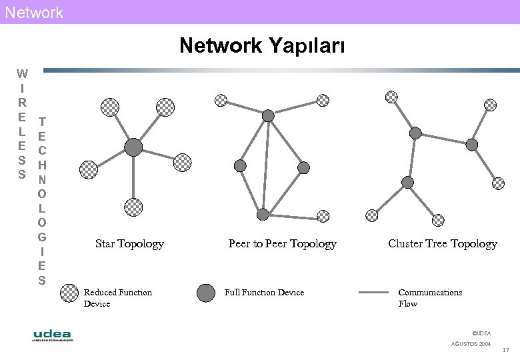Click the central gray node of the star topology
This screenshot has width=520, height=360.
[134, 147]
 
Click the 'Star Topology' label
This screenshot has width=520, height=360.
[129, 244]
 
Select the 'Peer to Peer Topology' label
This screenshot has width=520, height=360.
[282, 244]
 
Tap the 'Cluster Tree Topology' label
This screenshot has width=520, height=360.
[442, 244]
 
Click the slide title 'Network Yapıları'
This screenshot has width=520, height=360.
[262, 46]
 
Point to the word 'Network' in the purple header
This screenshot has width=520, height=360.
[34, 12]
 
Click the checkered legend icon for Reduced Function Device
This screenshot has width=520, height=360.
[69, 293]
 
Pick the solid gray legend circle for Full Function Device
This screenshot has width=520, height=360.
[206, 293]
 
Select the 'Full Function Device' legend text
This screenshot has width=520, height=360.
[264, 293]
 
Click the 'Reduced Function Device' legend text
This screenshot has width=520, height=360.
[117, 298]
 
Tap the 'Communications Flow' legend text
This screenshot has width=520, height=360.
[429, 298]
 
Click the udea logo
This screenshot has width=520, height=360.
[52, 335]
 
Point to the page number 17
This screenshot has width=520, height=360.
[505, 351]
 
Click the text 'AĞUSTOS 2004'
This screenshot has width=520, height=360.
[471, 343]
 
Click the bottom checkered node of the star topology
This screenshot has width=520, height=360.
[134, 206]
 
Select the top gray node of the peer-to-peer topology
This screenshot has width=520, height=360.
[268, 116]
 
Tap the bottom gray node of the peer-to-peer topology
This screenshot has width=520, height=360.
[263, 215]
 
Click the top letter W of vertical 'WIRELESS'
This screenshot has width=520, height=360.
[22, 73]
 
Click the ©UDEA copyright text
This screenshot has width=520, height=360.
[481, 333]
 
